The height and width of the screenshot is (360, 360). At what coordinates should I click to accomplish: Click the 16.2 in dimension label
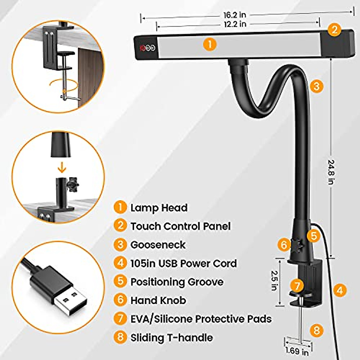[x=235, y=15]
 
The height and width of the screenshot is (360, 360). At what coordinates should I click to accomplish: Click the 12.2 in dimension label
[x=235, y=24]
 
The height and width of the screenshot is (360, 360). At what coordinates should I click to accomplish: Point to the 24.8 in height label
[x=331, y=172]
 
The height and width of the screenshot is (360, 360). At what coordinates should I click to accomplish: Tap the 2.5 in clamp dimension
[x=274, y=280]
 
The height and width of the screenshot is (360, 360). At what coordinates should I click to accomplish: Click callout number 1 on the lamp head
[x=210, y=44]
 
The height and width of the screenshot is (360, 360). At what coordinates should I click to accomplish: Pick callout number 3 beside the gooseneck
[x=316, y=86]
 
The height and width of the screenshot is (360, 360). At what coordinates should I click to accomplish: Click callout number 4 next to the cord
[x=340, y=290]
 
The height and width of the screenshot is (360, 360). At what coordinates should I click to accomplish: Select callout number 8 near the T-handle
[x=316, y=330]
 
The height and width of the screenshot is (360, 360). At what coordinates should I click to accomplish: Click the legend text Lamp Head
[x=159, y=208]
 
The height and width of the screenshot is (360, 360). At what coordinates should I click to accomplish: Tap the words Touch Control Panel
[x=180, y=226]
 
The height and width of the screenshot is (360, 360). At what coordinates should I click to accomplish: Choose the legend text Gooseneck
[x=158, y=245]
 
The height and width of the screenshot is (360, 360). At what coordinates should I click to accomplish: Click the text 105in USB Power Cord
[x=184, y=263]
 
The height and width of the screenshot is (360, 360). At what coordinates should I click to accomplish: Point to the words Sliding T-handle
[x=172, y=337]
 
